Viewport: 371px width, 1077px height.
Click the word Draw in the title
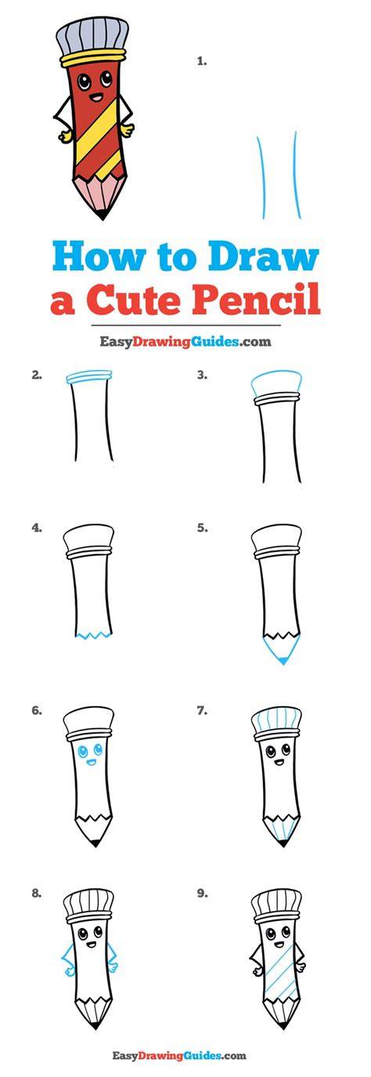[264, 258]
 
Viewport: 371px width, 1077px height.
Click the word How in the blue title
[100, 258]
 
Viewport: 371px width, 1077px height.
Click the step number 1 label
[202, 61]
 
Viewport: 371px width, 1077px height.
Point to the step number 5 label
[202, 528]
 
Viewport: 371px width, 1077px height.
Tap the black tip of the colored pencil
[102, 213]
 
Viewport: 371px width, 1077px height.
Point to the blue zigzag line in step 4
[94, 636]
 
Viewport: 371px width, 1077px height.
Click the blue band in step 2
[90, 376]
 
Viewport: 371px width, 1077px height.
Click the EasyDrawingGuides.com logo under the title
[185, 342]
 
